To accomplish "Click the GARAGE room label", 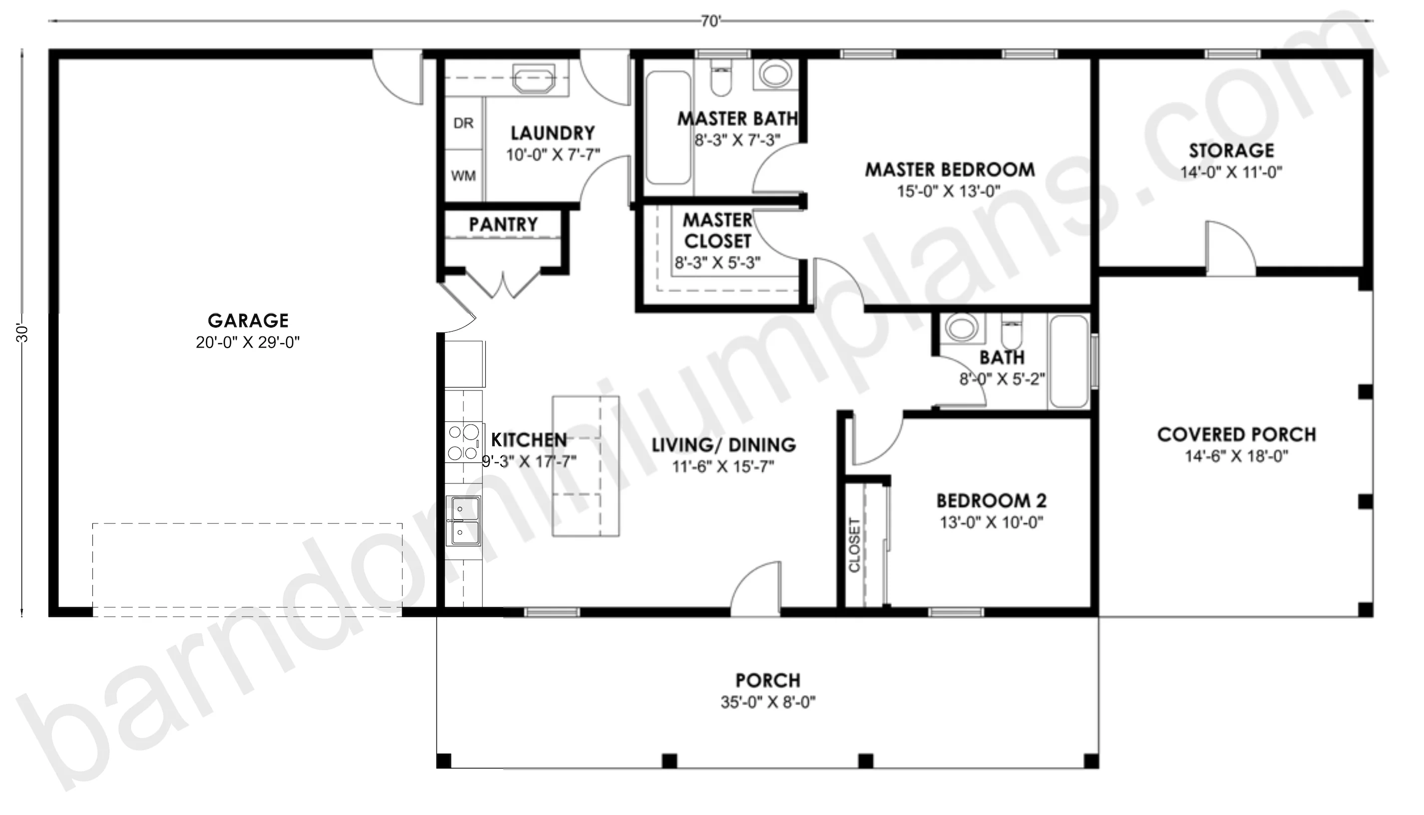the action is [249, 321].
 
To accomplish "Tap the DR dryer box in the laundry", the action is [463, 123].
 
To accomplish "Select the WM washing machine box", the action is [463, 176].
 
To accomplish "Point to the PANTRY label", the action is [503, 224].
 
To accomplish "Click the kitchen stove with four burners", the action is [464, 442].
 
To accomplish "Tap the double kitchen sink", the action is [463, 520].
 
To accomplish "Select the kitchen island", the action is [586, 466].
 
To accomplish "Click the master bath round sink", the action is [775, 74].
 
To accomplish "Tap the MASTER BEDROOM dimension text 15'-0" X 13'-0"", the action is [949, 191].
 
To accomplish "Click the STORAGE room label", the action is [1232, 151].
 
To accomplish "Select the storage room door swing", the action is [1230, 246].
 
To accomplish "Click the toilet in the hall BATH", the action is [1012, 330].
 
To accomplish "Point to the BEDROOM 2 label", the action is [992, 500].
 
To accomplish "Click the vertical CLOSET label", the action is [854, 545].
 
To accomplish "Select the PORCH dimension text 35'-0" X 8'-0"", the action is [768, 702].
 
